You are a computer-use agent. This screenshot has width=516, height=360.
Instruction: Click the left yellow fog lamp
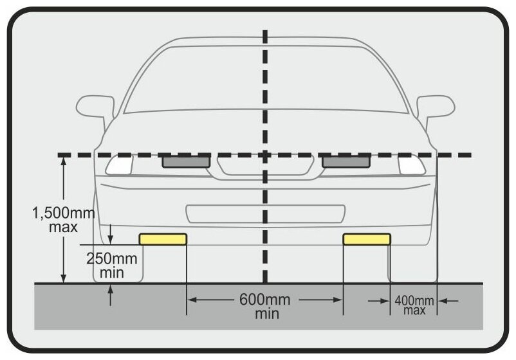[x=163, y=239]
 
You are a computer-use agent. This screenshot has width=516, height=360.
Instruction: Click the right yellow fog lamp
[x=366, y=239]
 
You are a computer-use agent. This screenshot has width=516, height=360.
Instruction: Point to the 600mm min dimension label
[x=265, y=306]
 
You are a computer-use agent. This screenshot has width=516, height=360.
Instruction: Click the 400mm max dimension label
[x=414, y=305]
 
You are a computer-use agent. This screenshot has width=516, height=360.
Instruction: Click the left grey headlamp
[x=185, y=162]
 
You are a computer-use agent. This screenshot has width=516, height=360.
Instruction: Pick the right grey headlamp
[x=346, y=162]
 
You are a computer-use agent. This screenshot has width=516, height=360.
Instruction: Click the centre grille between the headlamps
[x=265, y=166]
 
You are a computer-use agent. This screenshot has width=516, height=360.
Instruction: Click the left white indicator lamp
[x=119, y=165]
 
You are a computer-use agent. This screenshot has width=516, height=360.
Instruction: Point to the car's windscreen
[x=265, y=80]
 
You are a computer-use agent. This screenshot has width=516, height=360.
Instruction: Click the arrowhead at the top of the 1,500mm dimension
[x=63, y=161]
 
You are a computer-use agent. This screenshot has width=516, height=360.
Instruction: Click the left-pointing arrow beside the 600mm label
[x=192, y=300]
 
